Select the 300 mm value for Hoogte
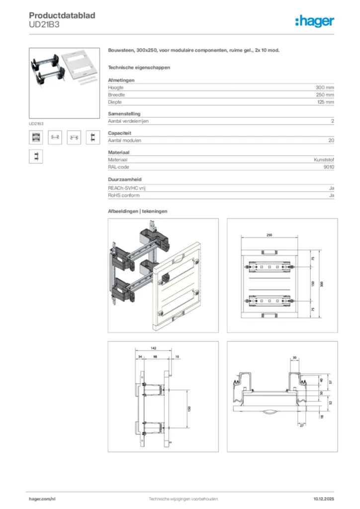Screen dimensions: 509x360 pos(325,87)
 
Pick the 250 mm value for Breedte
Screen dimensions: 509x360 pos(325,94)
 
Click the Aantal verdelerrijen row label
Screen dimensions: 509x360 pos(128,121)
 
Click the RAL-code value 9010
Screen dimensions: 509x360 pos(328,168)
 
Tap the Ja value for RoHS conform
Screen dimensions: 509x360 pos(331,195)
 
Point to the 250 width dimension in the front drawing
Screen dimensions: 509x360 pos(269,235)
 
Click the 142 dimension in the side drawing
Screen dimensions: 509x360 pos(154,349)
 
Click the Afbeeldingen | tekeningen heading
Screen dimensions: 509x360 pos(137,211)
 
